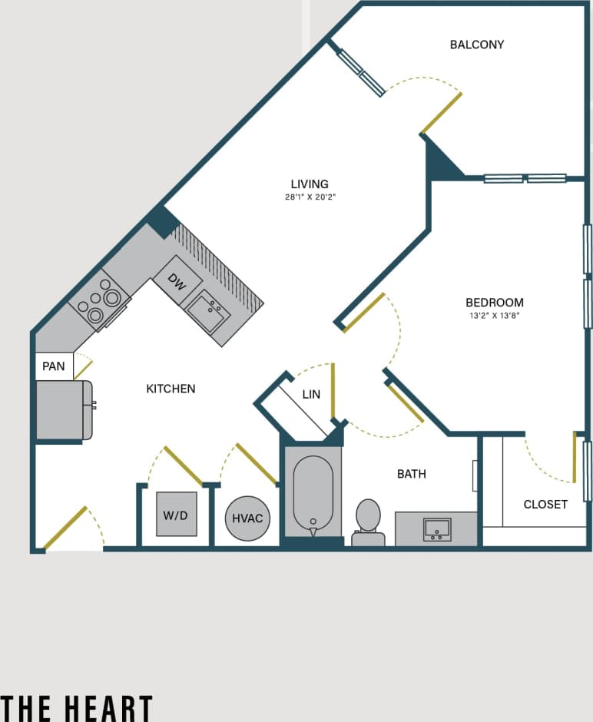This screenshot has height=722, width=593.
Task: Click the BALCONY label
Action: coord(476,45)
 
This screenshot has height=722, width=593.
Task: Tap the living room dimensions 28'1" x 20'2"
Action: coord(310,197)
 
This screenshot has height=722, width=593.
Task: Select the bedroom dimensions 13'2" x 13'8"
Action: coord(494,315)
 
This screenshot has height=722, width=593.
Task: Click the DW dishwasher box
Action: coord(177,283)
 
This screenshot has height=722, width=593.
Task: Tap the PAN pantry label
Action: coord(54,366)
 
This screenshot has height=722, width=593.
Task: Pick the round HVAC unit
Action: coord(247,518)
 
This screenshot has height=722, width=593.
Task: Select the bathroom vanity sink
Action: coord(437,528)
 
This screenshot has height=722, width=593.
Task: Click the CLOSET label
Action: coord(545,505)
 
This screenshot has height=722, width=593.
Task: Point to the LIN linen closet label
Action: coord(311,395)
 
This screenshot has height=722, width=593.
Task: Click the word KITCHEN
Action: coord(171,389)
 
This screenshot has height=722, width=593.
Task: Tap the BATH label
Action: coord(411,475)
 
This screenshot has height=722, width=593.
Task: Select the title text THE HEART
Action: coord(77,707)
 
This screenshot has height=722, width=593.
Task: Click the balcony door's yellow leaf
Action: coord(441,114)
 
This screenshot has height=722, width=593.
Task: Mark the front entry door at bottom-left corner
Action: coord(65,529)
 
